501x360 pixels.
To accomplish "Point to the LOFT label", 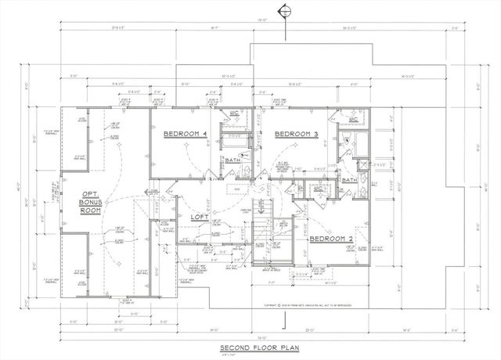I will click(198, 218).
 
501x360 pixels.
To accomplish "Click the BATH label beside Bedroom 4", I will click(232, 160).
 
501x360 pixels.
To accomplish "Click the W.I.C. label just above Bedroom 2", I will click(319, 189).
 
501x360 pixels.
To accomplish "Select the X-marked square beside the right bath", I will click(362, 164).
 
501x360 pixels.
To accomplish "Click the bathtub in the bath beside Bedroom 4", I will click(232, 142).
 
